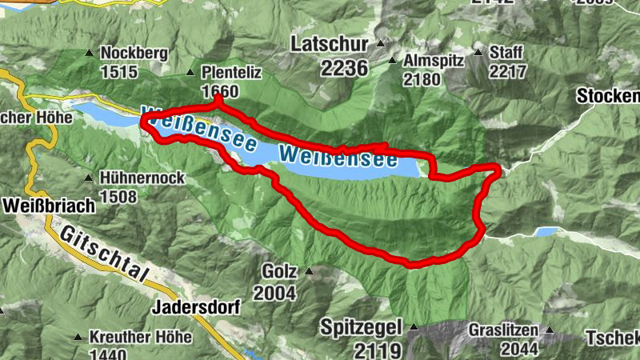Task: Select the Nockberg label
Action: click(134, 54)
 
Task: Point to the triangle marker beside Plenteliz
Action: click(190, 73)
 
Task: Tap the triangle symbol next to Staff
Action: click(478, 54)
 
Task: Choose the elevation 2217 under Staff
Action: click(506, 72)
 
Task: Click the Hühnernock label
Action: click(143, 178)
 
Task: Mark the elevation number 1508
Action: click(119, 196)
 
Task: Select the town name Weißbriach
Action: click(49, 205)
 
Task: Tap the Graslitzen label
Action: click(504, 330)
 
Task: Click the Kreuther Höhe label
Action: click(141, 338)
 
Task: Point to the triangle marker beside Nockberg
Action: click(89, 54)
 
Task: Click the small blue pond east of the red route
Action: click(547, 232)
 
